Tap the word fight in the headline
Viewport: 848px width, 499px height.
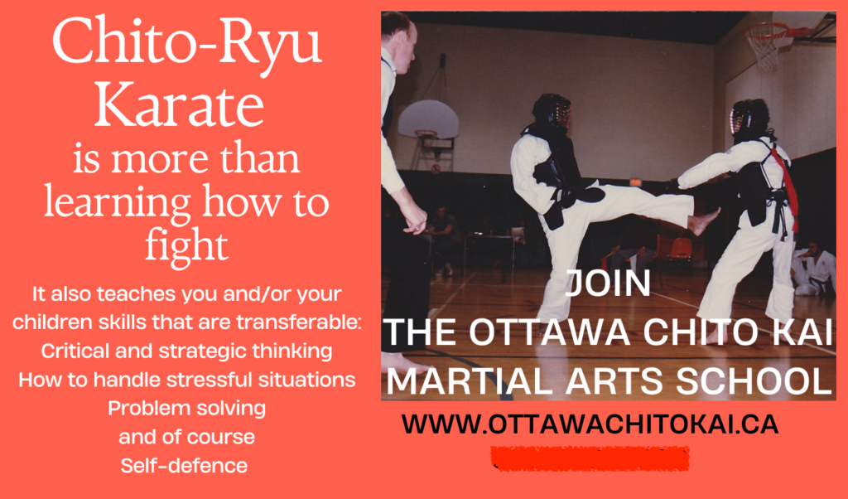point(186,245)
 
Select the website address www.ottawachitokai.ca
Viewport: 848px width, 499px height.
point(590,424)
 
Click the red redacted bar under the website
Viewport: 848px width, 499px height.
point(590,458)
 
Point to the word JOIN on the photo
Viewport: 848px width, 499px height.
point(608,283)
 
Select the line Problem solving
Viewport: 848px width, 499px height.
point(186,409)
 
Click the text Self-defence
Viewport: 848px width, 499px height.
point(184,466)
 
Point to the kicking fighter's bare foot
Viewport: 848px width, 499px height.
point(703,220)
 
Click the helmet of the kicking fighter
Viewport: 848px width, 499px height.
point(551,111)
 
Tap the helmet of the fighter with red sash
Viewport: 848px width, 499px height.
point(749,119)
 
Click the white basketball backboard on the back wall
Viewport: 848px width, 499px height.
point(428,119)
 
